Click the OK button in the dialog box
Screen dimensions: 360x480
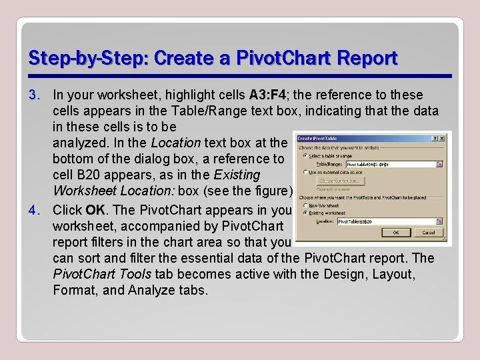[x=396, y=233]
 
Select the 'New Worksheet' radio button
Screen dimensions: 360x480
[x=305, y=206]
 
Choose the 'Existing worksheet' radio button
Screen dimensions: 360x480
[x=305, y=213]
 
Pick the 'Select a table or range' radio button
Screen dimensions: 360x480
[x=305, y=155]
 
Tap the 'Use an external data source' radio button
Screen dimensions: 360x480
[x=305, y=171]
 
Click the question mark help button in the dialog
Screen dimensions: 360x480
[x=435, y=139]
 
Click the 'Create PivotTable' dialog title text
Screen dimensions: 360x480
[x=317, y=139]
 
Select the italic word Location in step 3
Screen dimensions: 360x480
[x=175, y=142]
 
